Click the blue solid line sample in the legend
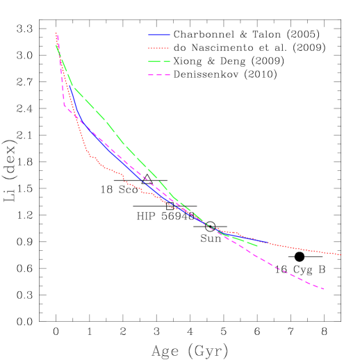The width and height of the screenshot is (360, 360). tap(159, 35)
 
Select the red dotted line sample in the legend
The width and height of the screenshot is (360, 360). tap(159, 48)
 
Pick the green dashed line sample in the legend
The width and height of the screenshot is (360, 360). tap(159, 62)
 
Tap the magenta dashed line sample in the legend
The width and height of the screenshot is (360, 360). tap(159, 75)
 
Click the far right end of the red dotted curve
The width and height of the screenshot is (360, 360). tap(341, 255)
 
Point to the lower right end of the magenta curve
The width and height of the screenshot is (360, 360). tap(325, 289)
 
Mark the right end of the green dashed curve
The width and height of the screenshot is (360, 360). tap(258, 246)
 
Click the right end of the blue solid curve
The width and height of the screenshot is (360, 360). tap(267, 243)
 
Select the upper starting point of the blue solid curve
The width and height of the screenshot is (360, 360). tap(68, 86)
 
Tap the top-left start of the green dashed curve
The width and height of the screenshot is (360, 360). tap(56, 46)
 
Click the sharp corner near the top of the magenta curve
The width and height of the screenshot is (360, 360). tap(64, 105)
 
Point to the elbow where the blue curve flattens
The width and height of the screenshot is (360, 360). tap(81, 120)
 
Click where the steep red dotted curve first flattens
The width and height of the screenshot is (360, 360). tap(90, 155)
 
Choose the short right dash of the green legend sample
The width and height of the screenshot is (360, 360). tap(167, 62)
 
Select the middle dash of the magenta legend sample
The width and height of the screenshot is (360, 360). tap(159, 75)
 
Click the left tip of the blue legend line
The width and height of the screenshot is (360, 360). tap(149, 35)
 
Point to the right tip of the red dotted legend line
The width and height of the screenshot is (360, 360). tap(170, 48)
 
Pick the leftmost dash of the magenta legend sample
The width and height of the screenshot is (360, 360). tap(151, 75)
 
